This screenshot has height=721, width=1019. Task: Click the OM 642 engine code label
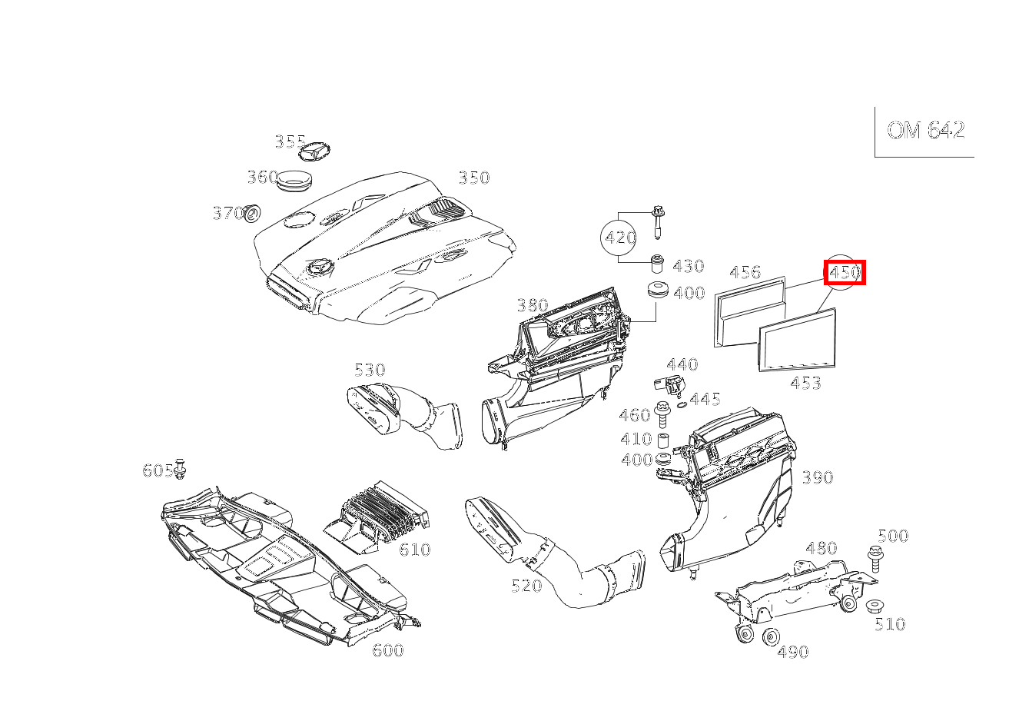click(x=925, y=130)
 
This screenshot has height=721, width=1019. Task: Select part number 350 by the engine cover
click(x=474, y=178)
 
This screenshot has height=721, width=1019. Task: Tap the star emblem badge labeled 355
click(x=314, y=151)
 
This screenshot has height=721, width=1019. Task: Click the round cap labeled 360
click(x=295, y=181)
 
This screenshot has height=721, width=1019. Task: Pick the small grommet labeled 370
click(x=251, y=214)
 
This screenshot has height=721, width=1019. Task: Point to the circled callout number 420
click(x=619, y=238)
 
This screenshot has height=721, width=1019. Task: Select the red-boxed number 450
click(x=845, y=272)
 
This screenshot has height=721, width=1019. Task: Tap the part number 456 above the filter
click(x=745, y=272)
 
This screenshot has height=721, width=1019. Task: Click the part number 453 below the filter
click(x=805, y=383)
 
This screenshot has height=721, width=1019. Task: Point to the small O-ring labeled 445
click(x=682, y=405)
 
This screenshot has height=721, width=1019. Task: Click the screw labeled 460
click(x=662, y=414)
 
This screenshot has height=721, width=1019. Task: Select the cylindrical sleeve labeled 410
click(x=662, y=440)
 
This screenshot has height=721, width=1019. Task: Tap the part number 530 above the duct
click(x=370, y=370)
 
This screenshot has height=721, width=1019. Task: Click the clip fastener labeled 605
click(x=180, y=469)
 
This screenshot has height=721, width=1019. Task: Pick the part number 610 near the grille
click(x=414, y=550)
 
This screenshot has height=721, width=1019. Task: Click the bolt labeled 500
click(x=875, y=560)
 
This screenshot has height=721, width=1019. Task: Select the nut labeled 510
click(x=875, y=606)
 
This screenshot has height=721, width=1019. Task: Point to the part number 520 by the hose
click(x=526, y=586)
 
